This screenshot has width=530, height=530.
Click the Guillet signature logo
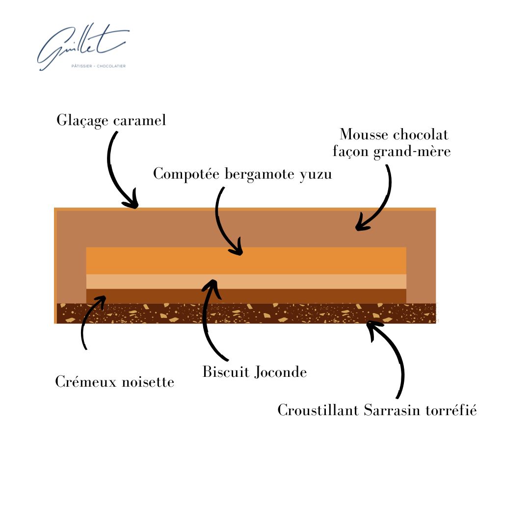pyautogui.click(x=81, y=47)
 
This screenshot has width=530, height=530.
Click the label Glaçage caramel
pyautogui.click(x=111, y=120)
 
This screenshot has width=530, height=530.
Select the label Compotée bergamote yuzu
pyautogui.click(x=242, y=174)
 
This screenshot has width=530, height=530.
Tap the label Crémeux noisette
pyautogui.click(x=115, y=382)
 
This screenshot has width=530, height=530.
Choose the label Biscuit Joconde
pyautogui.click(x=255, y=372)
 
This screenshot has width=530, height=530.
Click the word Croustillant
pyautogui.click(x=318, y=410)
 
